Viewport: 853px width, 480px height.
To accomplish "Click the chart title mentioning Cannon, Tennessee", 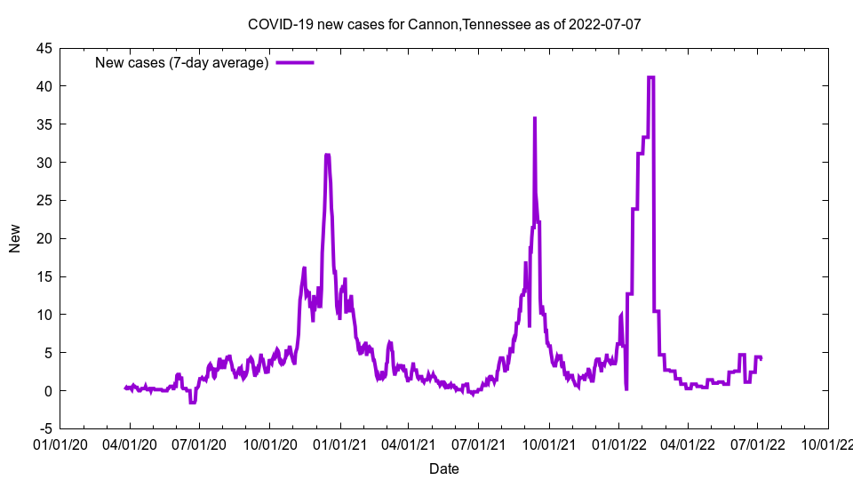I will (443, 25).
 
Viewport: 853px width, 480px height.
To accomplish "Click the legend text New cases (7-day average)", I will (181, 62).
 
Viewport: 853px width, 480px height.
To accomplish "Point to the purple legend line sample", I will (294, 62).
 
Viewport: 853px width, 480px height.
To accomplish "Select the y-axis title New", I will (15, 238).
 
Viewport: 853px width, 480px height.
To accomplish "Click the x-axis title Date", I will (443, 468).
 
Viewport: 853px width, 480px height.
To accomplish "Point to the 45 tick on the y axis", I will (44, 48).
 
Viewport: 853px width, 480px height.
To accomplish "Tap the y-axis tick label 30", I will (44, 163).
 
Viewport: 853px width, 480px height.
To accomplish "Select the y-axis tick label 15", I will (44, 276).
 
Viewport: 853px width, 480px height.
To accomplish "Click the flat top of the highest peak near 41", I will (651, 77).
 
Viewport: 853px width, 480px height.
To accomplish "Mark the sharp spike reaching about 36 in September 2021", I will (534, 118).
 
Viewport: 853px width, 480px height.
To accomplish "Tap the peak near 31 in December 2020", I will (328, 155).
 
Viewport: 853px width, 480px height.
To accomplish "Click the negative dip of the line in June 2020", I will (192, 403).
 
